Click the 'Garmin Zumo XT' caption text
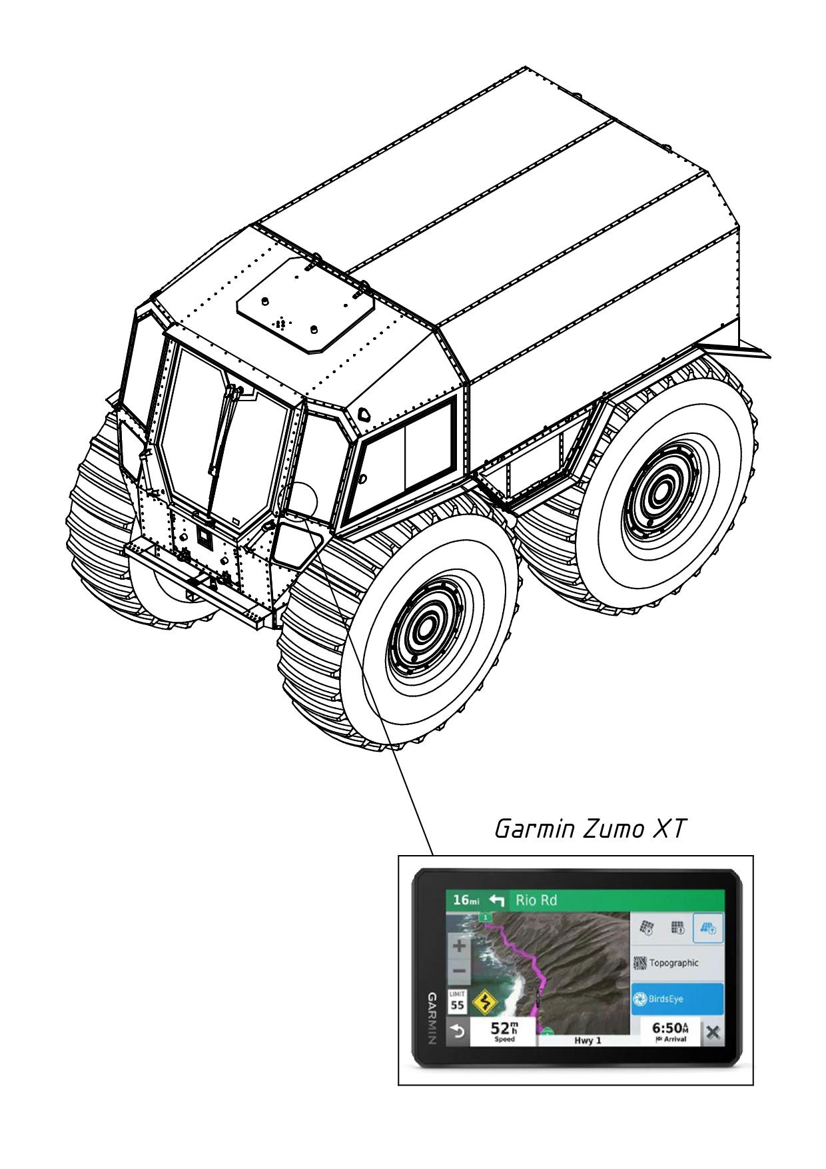(x=590, y=830)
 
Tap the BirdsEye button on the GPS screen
(x=676, y=999)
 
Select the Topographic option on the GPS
(x=676, y=963)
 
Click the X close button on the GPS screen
(x=712, y=1032)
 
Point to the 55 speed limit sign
(x=458, y=1002)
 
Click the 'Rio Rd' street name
(x=536, y=900)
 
